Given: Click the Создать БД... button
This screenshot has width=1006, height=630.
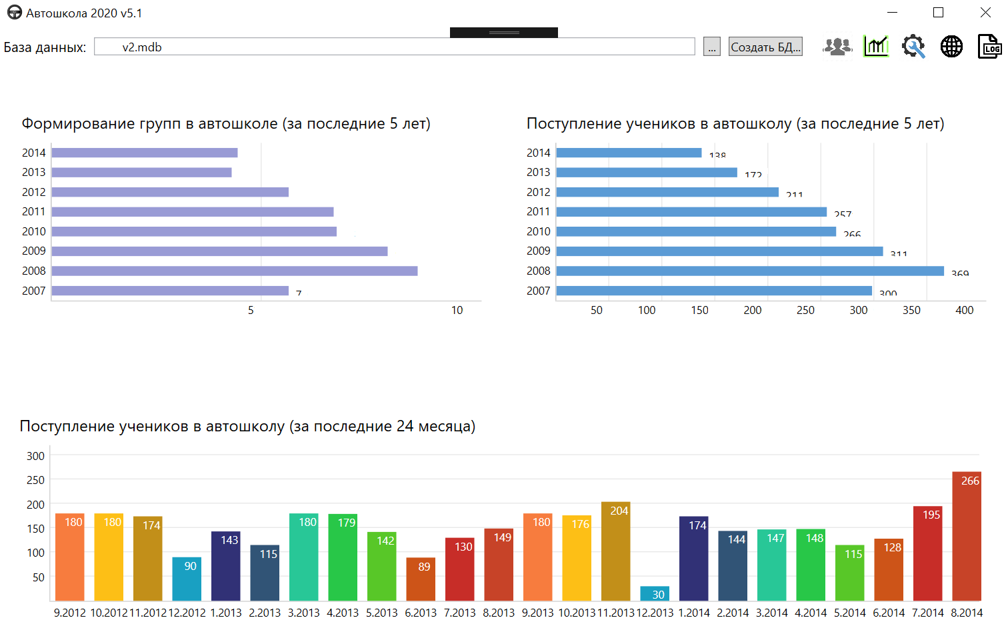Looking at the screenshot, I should (765, 47).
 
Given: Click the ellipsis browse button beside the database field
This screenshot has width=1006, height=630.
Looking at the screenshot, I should (712, 47).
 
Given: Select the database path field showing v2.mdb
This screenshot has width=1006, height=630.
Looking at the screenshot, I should (394, 47).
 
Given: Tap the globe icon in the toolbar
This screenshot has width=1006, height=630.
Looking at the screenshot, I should (951, 47).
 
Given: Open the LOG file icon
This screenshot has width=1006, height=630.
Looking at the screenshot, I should (989, 47).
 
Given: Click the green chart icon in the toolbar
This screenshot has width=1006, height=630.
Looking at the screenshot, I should (876, 47).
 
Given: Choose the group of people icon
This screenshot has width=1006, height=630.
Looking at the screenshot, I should (837, 47).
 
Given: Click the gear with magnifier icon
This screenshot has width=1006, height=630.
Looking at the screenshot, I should (913, 47).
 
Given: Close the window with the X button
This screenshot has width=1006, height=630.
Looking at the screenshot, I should (985, 13).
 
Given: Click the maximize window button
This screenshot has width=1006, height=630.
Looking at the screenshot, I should (938, 13).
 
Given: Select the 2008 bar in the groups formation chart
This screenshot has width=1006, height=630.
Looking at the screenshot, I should (235, 271).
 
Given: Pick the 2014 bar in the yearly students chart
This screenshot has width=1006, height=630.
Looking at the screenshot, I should (629, 153).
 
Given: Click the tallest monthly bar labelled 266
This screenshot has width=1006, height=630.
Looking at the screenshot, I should (966, 537).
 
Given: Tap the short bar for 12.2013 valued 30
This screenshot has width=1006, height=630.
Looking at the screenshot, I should (655, 593).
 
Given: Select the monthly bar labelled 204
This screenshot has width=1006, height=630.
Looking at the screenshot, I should (615, 551).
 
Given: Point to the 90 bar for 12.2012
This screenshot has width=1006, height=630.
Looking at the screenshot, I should (187, 579).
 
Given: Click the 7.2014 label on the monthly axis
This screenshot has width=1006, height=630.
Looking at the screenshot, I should (927, 613).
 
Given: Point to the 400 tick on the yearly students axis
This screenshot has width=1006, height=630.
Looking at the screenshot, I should (964, 310).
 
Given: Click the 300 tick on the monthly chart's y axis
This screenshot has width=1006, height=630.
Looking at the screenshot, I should (35, 456).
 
